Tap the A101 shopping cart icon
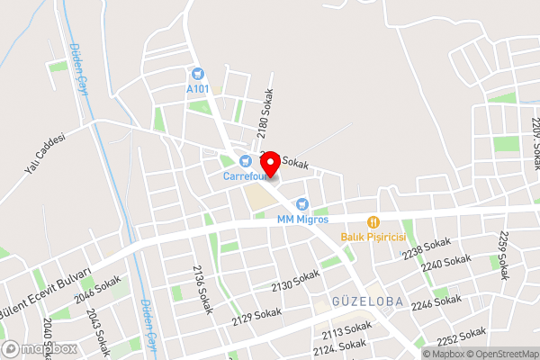(x=197, y=73)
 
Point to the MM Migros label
(x=302, y=219)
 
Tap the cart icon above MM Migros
(x=302, y=204)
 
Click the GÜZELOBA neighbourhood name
(x=366, y=301)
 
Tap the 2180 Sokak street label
(x=264, y=112)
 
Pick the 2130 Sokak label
(x=294, y=280)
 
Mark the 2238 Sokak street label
(x=426, y=248)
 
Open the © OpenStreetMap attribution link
(x=501, y=354)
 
